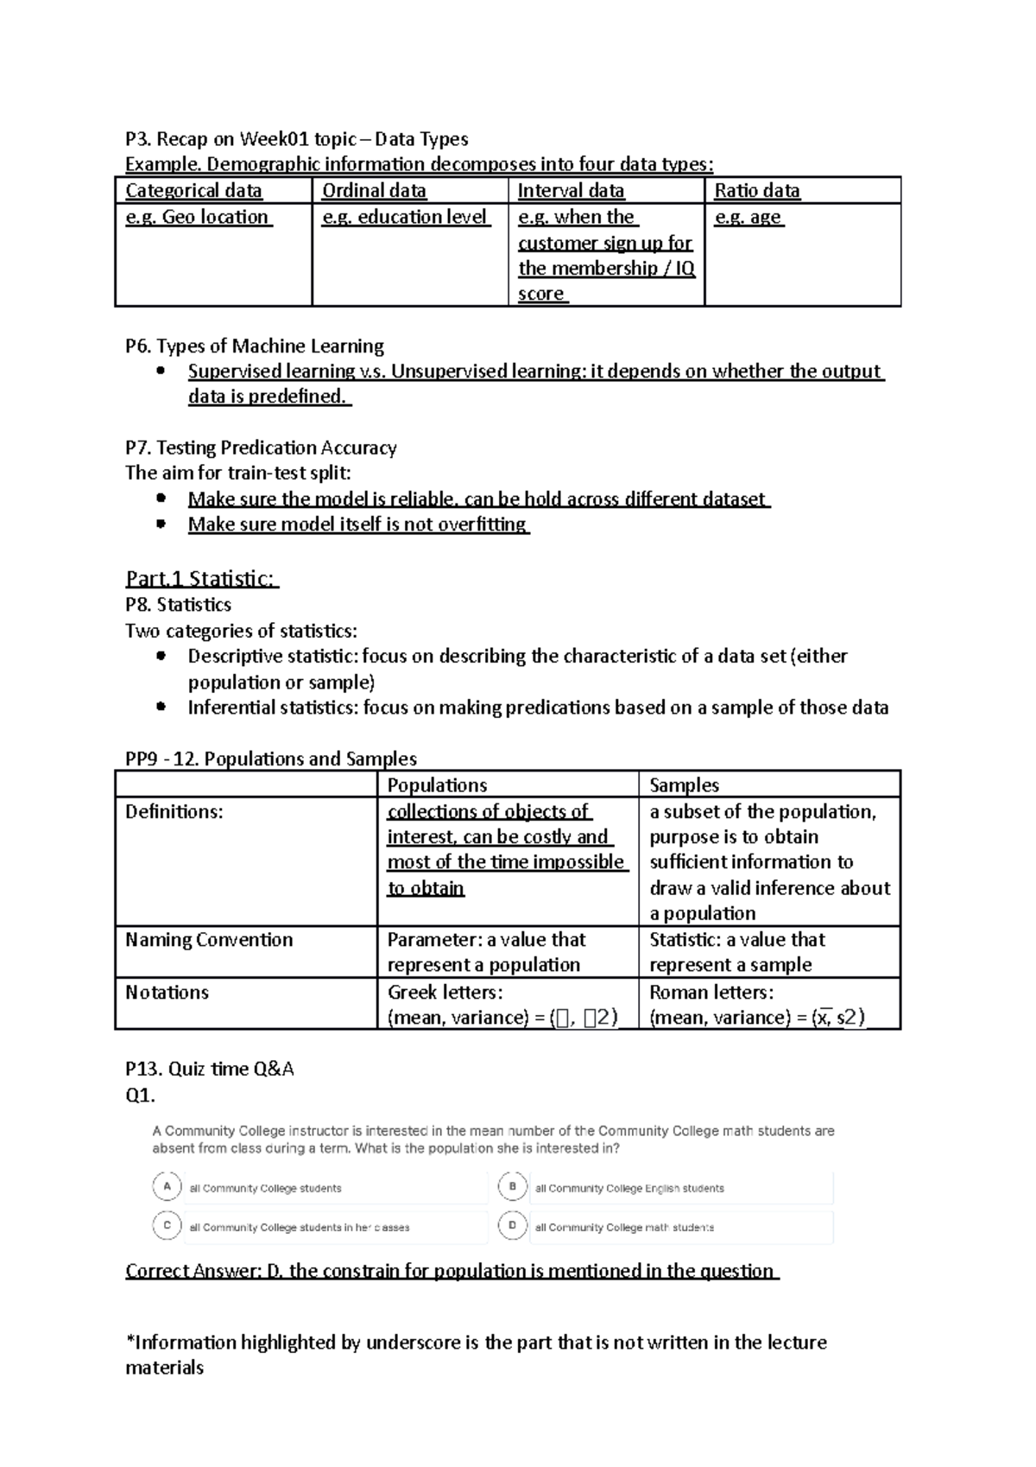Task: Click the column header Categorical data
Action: coord(193,191)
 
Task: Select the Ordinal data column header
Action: coord(374,191)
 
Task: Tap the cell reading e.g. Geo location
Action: coord(199,217)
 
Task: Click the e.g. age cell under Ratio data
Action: coord(749,217)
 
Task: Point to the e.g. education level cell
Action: coord(406,217)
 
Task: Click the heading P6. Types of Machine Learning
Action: coord(255,346)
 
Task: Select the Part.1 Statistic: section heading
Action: coord(201,578)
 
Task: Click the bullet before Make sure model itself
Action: coord(160,524)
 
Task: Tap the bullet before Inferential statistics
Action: coord(160,707)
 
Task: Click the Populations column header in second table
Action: coord(437,784)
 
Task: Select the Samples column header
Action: coord(684,784)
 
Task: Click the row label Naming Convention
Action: coord(209,939)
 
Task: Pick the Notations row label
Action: coord(167,992)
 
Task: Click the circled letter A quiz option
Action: coord(167,1186)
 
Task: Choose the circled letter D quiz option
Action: coord(513,1225)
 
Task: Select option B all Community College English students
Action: coord(629,1188)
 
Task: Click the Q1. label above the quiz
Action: coord(140,1095)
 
